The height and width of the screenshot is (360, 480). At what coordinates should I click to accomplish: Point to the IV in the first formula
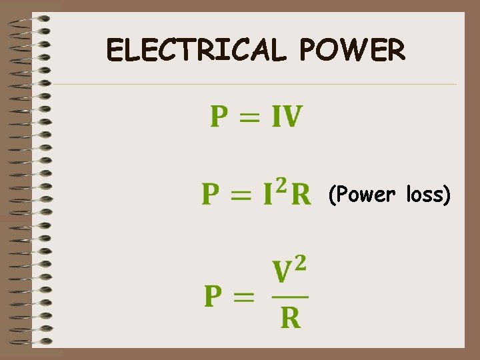click(286, 118)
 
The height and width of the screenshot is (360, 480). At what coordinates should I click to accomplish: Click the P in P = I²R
click(211, 195)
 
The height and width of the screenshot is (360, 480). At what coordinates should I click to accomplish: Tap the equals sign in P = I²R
click(243, 195)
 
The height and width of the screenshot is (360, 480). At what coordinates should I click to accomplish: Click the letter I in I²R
click(268, 195)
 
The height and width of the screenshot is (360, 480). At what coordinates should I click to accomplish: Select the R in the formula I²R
click(301, 195)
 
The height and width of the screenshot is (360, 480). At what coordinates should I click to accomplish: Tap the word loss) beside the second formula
click(429, 195)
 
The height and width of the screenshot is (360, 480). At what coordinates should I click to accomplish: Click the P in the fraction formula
click(213, 297)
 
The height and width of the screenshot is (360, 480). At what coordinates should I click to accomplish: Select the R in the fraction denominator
click(290, 319)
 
